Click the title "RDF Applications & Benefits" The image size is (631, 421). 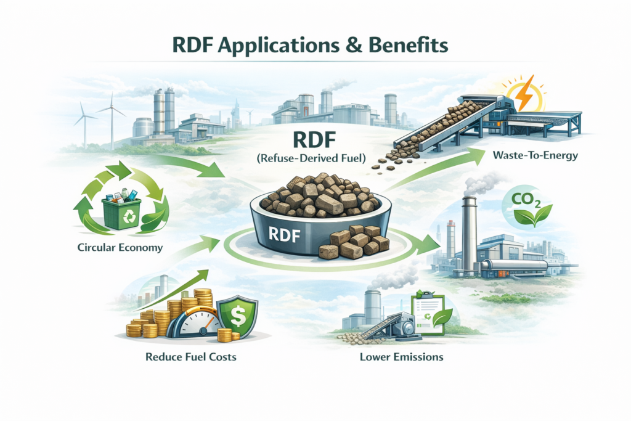coord(315,46)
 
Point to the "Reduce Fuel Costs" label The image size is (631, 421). coord(187,356)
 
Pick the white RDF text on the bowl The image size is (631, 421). coord(285,232)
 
